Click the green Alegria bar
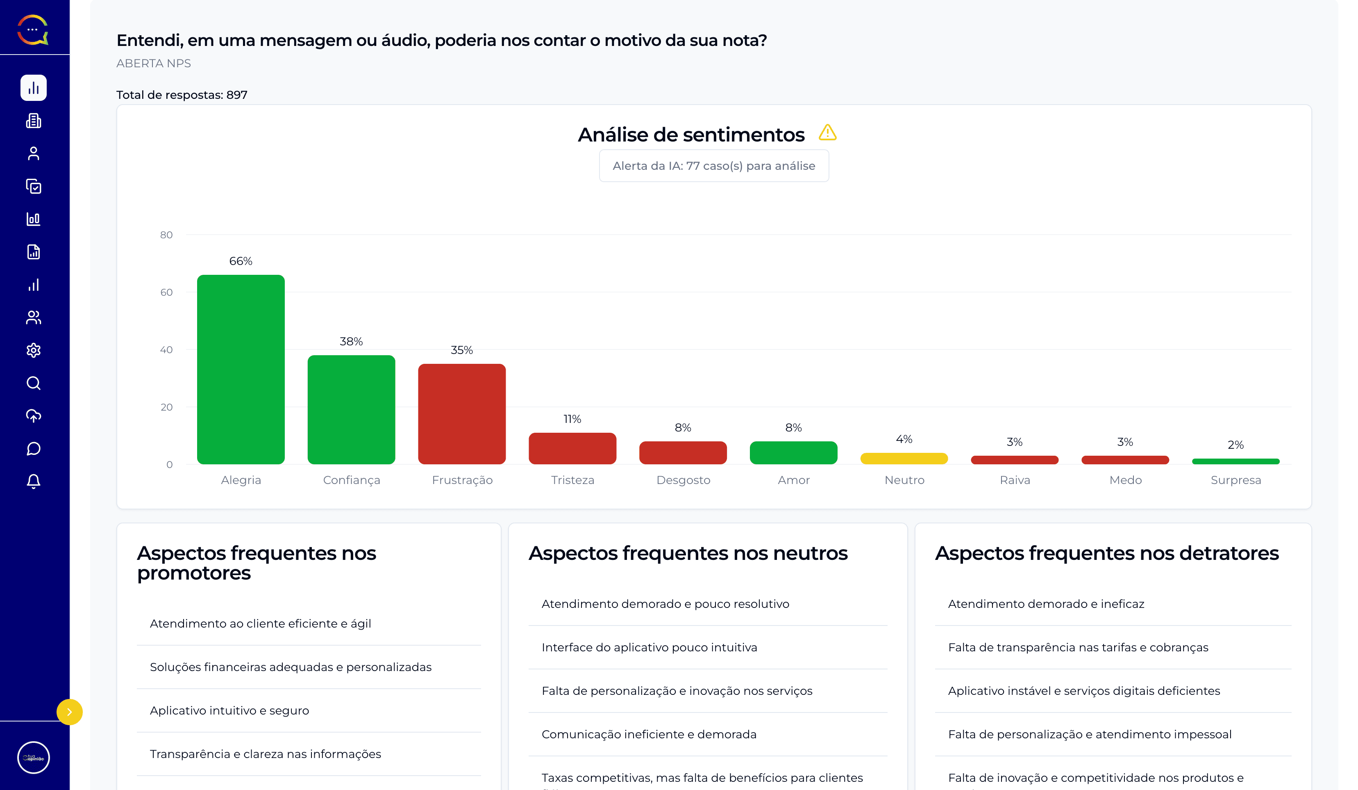point(241,370)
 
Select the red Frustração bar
point(462,413)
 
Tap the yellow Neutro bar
point(904,458)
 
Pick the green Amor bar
point(793,452)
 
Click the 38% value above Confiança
point(351,341)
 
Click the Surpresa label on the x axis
point(1235,480)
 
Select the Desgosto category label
point(683,480)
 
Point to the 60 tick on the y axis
point(166,292)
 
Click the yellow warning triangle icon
point(827,132)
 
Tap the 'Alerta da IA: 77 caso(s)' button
point(713,166)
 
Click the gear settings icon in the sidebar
point(34,351)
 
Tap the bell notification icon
point(34,481)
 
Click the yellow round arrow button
point(70,712)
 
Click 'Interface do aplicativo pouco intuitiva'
point(649,647)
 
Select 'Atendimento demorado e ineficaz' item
point(1045,604)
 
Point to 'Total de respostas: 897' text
point(182,95)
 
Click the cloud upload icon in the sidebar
point(34,416)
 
